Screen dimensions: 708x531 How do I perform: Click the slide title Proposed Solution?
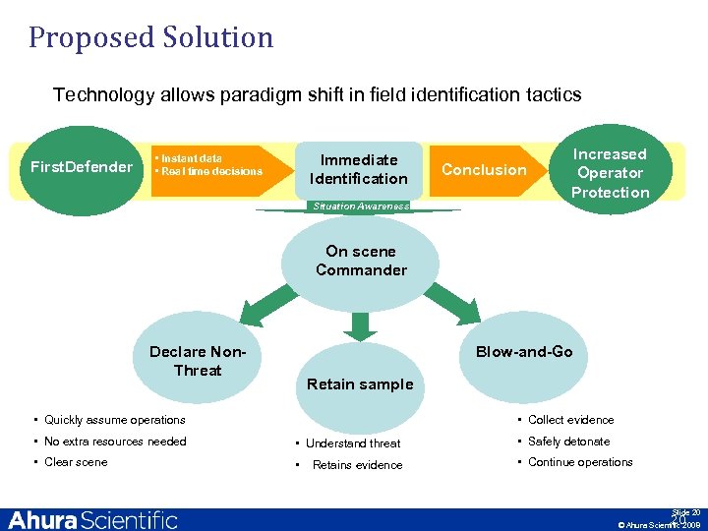(150, 37)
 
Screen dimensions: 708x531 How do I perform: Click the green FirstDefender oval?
(82, 167)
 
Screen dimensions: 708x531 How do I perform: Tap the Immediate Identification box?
(358, 169)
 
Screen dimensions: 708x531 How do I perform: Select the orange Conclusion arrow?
(485, 169)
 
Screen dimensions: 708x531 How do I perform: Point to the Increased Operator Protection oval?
(610, 173)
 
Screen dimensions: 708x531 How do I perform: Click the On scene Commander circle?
(361, 261)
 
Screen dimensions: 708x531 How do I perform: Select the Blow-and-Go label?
(524, 352)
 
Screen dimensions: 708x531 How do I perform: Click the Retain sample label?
(360, 384)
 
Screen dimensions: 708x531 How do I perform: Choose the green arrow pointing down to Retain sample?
(361, 324)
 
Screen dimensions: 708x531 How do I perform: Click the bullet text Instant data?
(192, 158)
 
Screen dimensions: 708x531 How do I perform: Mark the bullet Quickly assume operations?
(114, 420)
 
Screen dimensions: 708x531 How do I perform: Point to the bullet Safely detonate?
(568, 442)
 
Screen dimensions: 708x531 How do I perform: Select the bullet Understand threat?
(351, 443)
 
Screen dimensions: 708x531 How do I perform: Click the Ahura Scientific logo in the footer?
(93, 520)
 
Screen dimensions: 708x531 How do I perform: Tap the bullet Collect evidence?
(570, 420)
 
